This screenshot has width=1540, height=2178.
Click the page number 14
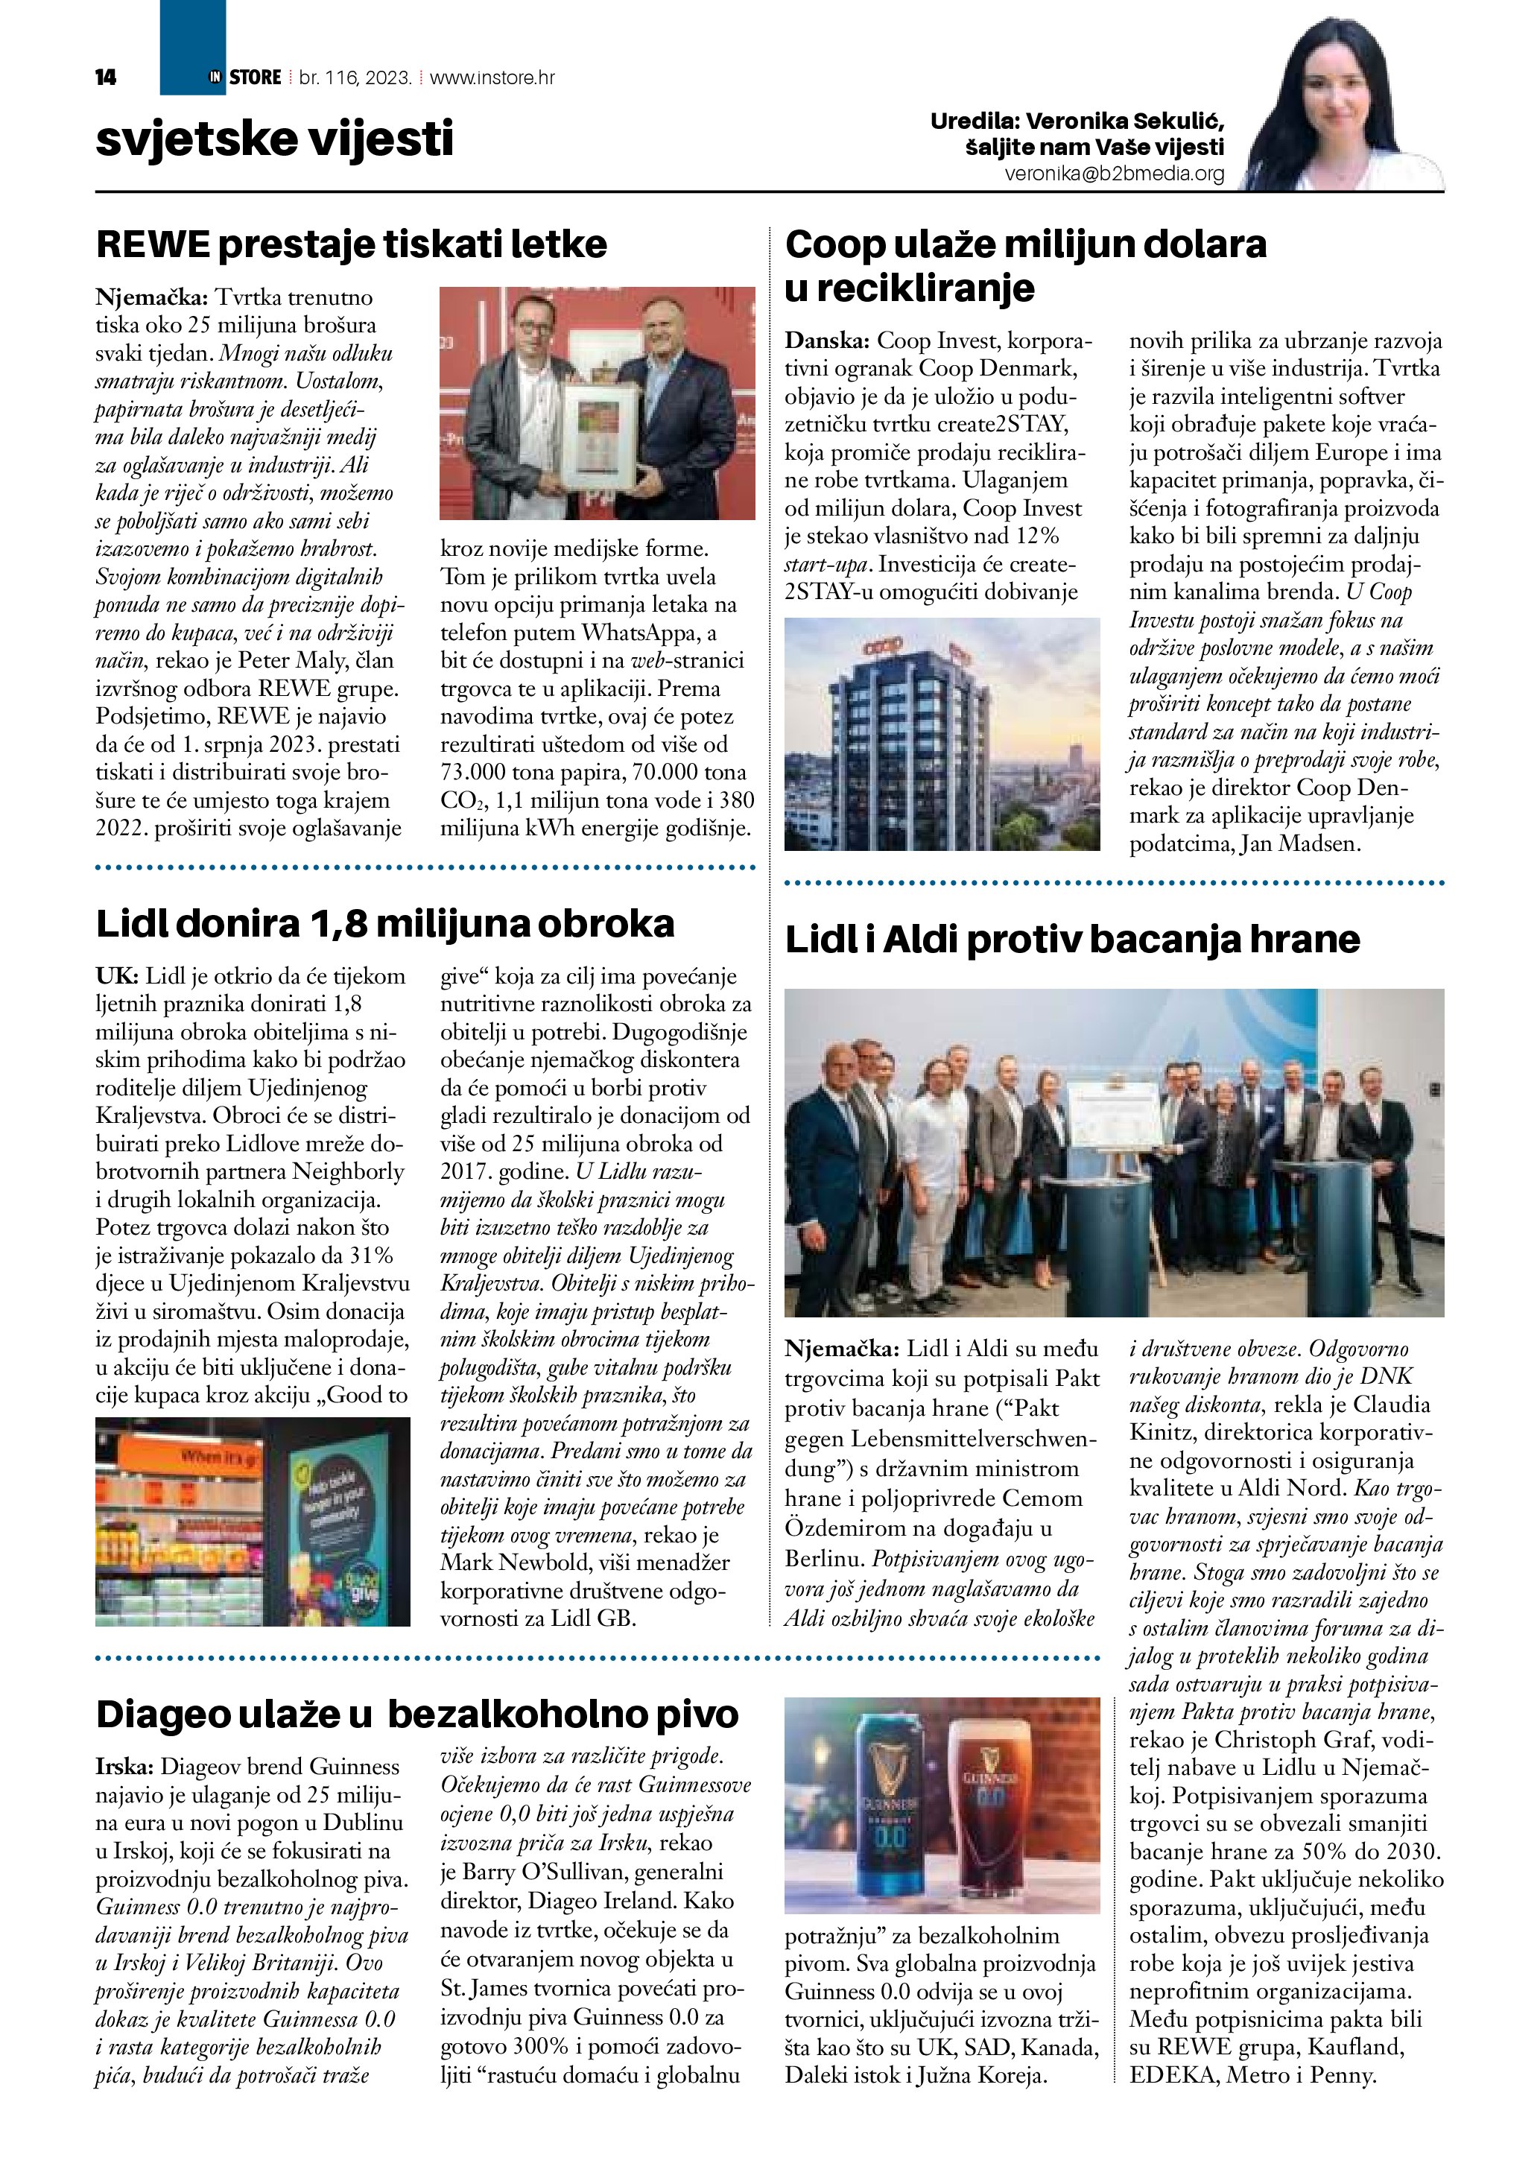pos(105,77)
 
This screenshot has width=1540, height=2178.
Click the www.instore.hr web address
pos(492,77)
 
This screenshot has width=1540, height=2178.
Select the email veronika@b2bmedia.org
pos(1115,174)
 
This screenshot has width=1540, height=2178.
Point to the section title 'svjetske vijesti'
pos(275,139)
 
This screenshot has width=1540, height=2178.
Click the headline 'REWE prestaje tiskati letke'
pos(351,244)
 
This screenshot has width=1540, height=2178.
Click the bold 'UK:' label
pos(118,976)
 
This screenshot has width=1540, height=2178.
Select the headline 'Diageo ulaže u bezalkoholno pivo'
pos(417,1713)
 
